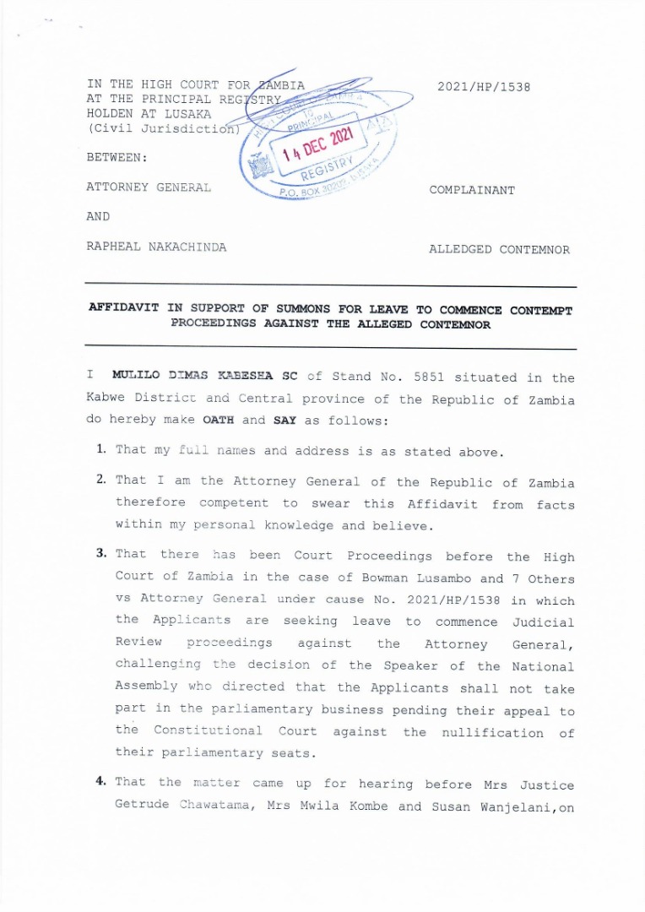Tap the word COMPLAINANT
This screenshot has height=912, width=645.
[472, 190]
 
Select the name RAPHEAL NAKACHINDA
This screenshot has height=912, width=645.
[156, 247]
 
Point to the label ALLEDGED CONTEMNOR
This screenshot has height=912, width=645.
[499, 249]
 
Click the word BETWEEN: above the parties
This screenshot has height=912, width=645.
[117, 157]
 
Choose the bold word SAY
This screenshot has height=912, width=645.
[285, 420]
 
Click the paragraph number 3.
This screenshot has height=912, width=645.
[100, 554]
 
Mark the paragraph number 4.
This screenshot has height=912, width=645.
[100, 782]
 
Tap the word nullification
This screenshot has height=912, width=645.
[492, 732]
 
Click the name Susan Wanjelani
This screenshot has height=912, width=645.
[486, 806]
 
